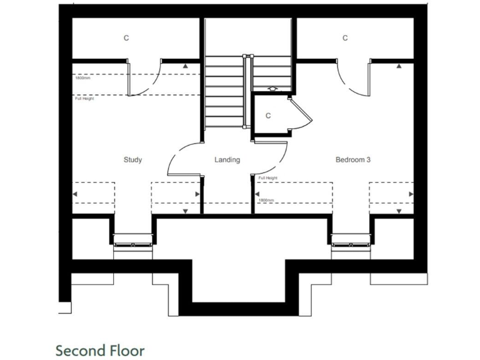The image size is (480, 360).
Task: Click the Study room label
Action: click(132, 160)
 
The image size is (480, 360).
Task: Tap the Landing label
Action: click(227, 160)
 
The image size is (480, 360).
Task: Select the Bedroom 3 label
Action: click(353, 160)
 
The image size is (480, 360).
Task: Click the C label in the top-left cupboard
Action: click(126, 38)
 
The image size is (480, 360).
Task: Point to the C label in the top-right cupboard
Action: click(345, 38)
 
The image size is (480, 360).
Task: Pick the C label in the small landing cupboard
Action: click(268, 116)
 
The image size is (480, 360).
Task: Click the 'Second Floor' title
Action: click(100, 349)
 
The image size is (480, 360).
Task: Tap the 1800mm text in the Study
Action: click(82, 78)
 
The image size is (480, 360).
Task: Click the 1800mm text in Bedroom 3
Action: click(266, 200)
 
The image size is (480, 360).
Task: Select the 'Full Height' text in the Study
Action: click(84, 99)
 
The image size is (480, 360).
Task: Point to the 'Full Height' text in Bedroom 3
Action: click(267, 178)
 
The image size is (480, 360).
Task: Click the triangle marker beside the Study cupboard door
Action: click(186, 65)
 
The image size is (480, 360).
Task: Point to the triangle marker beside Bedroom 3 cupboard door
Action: click(399, 65)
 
